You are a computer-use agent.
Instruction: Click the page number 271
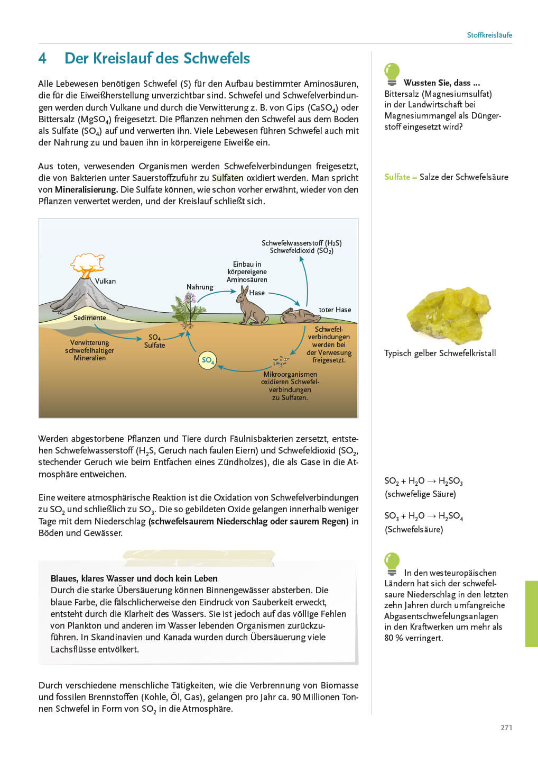(x=506, y=728)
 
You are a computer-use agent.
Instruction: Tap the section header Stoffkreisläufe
(x=489, y=35)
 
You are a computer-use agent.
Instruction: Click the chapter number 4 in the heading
(x=42, y=58)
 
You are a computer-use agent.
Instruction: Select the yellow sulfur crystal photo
(x=448, y=315)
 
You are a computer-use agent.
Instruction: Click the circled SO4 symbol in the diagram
(x=207, y=360)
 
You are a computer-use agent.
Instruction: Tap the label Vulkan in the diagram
(x=105, y=281)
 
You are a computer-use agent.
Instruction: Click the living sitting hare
(x=250, y=307)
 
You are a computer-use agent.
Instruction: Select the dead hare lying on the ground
(x=300, y=316)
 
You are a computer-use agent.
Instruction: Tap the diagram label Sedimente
(x=89, y=317)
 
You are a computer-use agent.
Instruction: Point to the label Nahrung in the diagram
(x=200, y=287)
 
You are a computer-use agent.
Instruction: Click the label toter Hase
(x=335, y=310)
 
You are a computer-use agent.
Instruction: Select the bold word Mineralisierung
(x=86, y=189)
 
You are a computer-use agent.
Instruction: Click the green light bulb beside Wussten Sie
(x=392, y=74)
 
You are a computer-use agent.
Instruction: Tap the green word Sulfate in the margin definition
(x=397, y=177)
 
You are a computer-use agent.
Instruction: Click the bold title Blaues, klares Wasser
(x=134, y=578)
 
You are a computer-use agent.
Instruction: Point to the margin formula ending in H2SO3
(x=423, y=481)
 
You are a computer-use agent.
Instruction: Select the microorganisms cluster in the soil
(x=281, y=362)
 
